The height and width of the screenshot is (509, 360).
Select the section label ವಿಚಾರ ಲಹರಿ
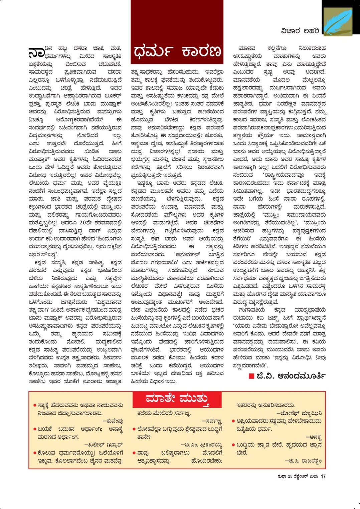click(x=300, y=31)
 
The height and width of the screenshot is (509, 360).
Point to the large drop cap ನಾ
click(x=36, y=53)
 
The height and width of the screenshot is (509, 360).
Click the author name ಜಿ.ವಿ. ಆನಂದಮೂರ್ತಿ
click(x=291, y=376)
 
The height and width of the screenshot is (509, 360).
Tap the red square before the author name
click(x=251, y=376)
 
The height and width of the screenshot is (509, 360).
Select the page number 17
click(x=323, y=476)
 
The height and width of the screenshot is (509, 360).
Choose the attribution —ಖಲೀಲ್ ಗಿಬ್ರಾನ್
click(x=104, y=445)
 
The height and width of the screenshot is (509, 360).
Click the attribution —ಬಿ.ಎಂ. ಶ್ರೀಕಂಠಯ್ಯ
click(x=201, y=445)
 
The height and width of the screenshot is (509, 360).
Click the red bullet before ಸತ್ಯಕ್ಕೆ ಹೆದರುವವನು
click(x=34, y=406)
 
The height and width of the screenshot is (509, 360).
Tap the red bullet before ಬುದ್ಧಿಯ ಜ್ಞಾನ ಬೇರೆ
click(x=233, y=445)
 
